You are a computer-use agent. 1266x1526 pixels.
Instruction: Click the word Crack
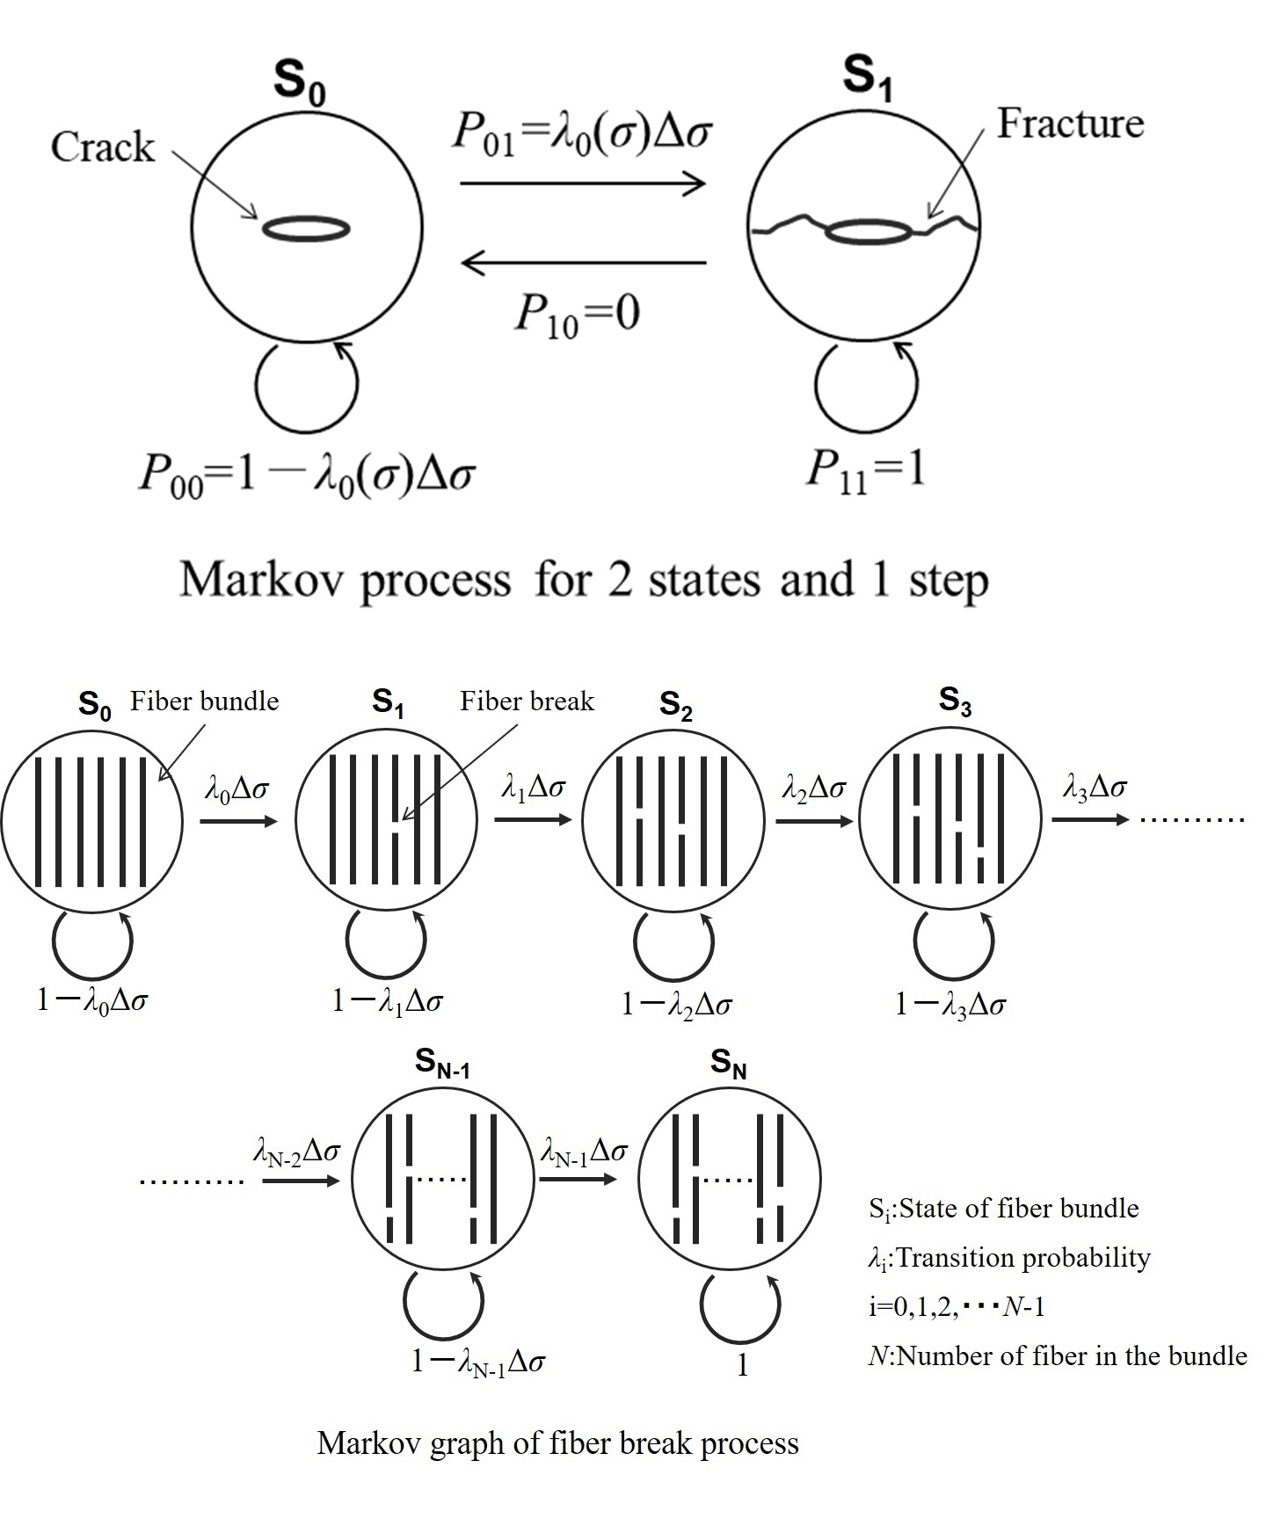102,147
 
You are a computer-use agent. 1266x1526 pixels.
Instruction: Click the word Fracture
1069,124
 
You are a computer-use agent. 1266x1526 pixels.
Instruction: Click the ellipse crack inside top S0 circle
307,229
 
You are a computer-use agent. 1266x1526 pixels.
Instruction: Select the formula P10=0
577,314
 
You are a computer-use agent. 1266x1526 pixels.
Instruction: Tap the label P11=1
866,470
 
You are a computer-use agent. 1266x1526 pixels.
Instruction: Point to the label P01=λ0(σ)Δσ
581,133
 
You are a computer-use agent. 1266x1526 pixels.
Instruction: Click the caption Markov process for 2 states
584,580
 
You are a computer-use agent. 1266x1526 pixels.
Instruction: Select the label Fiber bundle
204,701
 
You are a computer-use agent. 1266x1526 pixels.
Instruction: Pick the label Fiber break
527,701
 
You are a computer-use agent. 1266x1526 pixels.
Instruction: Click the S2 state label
675,706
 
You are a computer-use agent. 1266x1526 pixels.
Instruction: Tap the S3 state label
955,701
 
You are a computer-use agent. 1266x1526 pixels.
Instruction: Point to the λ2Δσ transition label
813,788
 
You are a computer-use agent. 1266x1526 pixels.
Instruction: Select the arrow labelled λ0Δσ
238,821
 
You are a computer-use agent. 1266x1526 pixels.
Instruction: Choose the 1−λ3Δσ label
949,1004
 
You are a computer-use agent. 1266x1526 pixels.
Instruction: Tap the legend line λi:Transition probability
1008,1259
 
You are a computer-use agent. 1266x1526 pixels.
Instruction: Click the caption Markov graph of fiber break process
557,1443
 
